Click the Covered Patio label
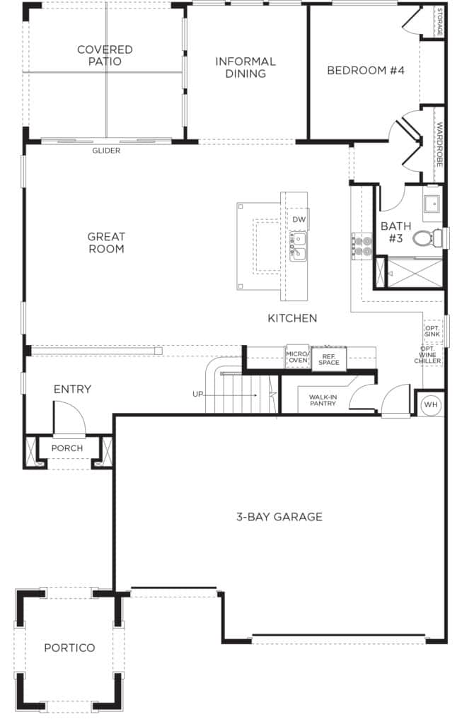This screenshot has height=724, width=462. [x=105, y=55]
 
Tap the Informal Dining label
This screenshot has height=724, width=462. [x=246, y=67]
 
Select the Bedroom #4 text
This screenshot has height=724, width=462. [x=366, y=70]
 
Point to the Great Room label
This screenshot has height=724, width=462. [x=106, y=243]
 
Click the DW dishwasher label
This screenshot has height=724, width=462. [x=299, y=219]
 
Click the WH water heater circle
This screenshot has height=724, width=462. [x=431, y=404]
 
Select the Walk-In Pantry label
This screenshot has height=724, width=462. [x=323, y=400]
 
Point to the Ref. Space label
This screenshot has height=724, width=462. [x=328, y=359]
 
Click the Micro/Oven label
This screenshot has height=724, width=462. [x=298, y=356]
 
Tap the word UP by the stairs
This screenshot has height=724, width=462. [x=197, y=395]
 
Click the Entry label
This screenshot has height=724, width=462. [x=72, y=390]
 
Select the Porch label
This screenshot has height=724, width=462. [x=67, y=448]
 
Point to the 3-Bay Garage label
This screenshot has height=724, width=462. [x=279, y=517]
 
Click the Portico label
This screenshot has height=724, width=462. [x=69, y=648]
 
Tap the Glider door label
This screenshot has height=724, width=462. [x=106, y=151]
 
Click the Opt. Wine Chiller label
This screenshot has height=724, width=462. [x=427, y=355]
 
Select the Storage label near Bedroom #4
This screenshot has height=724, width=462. [x=439, y=22]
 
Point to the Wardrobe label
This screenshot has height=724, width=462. [x=439, y=144]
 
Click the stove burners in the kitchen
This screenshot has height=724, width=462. [x=363, y=245]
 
